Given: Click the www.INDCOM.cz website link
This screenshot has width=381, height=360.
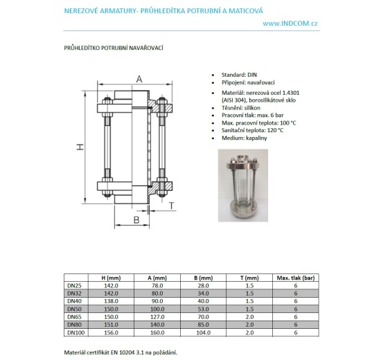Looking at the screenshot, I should [290, 24].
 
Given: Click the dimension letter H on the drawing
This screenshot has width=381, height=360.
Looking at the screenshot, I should [79, 147].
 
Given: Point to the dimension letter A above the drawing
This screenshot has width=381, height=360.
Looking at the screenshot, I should [139, 80].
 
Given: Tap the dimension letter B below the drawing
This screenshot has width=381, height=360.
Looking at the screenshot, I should [137, 219].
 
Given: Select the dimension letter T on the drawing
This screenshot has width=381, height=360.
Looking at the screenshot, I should [171, 206].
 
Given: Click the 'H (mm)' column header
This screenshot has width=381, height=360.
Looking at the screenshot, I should [111, 278].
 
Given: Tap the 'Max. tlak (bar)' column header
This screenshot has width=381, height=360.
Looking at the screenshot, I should [295, 278].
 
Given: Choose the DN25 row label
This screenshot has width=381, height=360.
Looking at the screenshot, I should [73, 285].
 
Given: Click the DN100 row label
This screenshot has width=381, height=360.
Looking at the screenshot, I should [75, 332].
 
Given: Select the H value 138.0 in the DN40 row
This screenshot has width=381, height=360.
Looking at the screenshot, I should [111, 300].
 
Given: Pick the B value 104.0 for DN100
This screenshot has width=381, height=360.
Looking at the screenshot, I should [203, 332].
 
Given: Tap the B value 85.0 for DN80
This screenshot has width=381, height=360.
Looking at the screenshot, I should [203, 324].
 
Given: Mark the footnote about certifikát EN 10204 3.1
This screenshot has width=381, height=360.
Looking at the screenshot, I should [121, 352].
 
